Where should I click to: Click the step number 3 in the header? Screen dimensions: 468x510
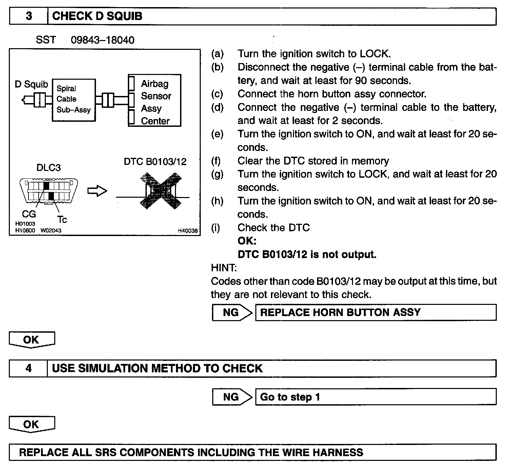(29, 16)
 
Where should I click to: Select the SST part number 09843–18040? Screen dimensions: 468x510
(102, 40)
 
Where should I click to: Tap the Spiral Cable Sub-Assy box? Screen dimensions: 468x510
(74, 99)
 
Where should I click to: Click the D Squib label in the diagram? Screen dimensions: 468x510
(32, 84)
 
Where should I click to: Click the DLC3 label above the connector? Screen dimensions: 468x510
(48, 168)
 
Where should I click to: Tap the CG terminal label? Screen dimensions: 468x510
(29, 214)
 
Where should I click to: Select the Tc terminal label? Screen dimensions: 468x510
(62, 220)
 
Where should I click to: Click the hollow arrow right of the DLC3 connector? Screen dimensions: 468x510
(97, 191)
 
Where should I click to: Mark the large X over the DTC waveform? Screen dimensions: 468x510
(161, 191)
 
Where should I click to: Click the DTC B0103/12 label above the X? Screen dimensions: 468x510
(155, 161)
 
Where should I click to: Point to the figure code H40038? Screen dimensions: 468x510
(188, 231)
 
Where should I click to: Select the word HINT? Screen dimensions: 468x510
(224, 268)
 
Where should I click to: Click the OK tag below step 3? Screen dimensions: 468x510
(31, 339)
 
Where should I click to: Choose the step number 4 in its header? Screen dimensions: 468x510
(28, 368)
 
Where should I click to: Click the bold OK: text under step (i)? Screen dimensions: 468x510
(247, 241)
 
